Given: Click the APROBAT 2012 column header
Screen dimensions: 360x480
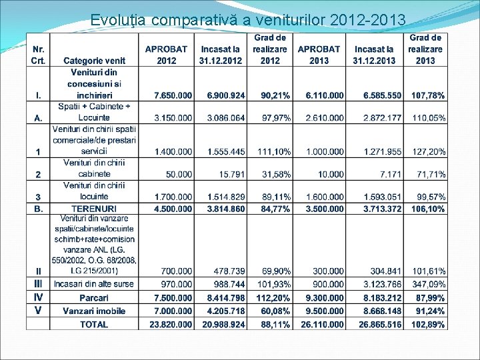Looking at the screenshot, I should [x=167, y=55].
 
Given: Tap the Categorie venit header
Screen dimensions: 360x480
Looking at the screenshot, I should [x=95, y=61].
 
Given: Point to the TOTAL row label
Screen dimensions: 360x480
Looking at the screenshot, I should [x=94, y=324].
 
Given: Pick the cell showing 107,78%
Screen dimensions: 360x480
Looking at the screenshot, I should [x=428, y=96].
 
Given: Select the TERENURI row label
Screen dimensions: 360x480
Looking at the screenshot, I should [x=94, y=209].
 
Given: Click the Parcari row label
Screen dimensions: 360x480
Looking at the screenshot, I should [x=94, y=297].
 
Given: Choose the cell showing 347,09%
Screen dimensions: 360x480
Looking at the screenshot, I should [x=428, y=284].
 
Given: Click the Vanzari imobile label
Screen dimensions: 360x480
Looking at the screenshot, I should [x=94, y=310].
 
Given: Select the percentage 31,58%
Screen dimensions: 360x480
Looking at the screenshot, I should [x=275, y=174].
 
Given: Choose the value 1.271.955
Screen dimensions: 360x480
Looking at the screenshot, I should [x=383, y=152].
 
